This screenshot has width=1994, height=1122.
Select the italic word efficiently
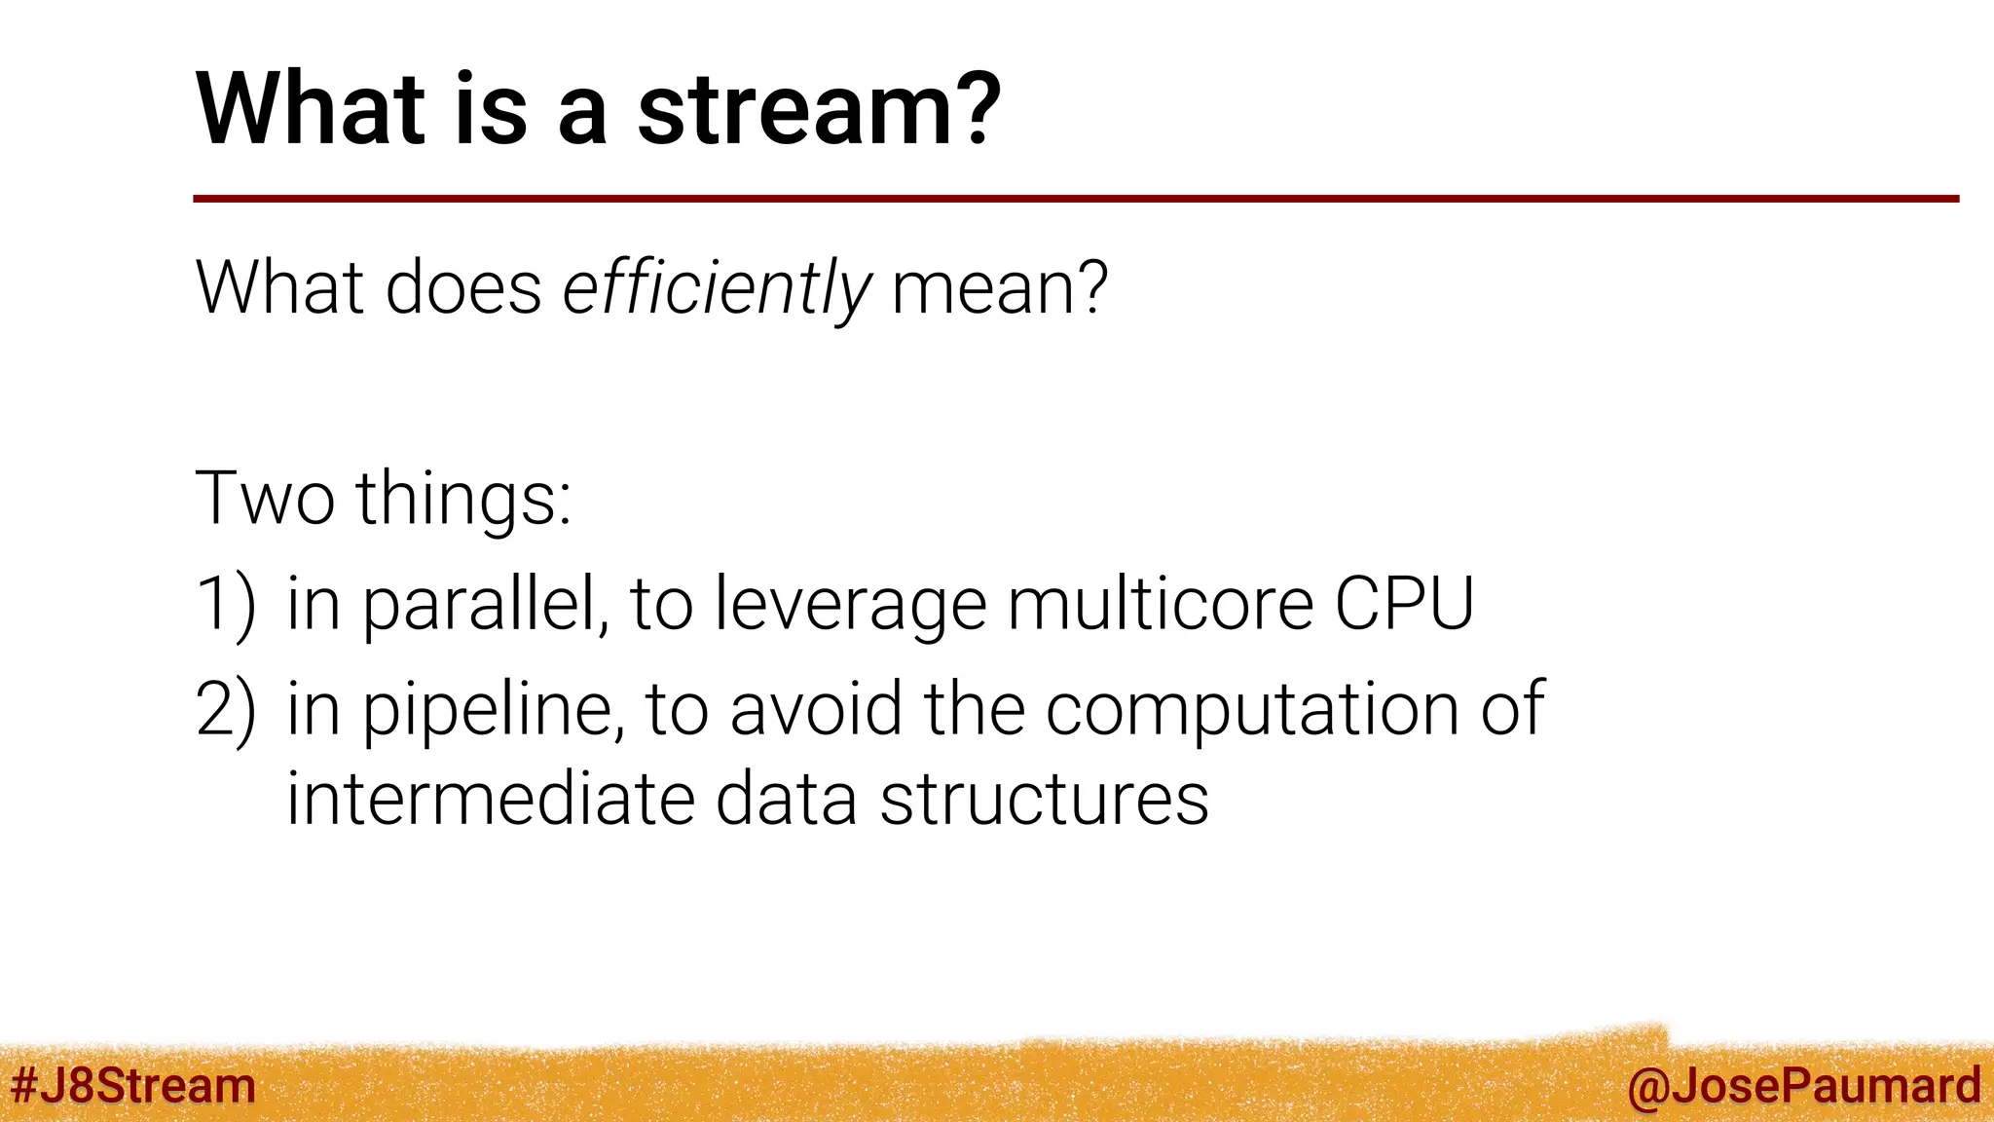tap(717, 289)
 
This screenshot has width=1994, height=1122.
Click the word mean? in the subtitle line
tap(999, 289)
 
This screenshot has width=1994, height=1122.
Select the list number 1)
tap(226, 605)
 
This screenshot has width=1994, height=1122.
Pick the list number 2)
tap(226, 709)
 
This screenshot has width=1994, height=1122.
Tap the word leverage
tap(850, 607)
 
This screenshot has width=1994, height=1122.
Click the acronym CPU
tap(1404, 605)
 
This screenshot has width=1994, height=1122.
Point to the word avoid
tap(816, 708)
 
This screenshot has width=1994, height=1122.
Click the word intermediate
tap(490, 800)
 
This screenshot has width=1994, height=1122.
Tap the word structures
tap(1044, 800)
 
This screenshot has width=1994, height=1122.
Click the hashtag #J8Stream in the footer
tap(132, 1086)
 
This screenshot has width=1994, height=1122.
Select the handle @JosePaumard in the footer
tap(1803, 1086)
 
